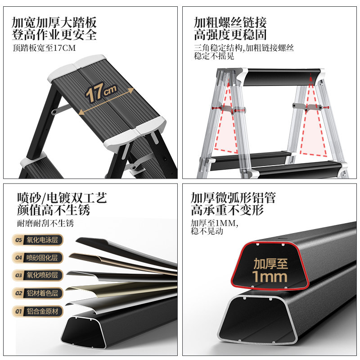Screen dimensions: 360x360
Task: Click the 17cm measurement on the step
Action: point(102,92)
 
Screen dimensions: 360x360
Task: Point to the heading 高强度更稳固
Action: point(230,35)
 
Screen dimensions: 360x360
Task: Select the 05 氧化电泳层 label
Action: point(38,240)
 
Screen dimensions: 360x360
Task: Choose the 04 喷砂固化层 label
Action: point(38,257)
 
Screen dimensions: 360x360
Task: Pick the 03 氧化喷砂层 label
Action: point(38,275)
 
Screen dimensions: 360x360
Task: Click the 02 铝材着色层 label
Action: point(38,293)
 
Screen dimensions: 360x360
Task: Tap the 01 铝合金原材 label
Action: point(38,311)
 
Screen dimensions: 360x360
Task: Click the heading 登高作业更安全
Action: point(54,35)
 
